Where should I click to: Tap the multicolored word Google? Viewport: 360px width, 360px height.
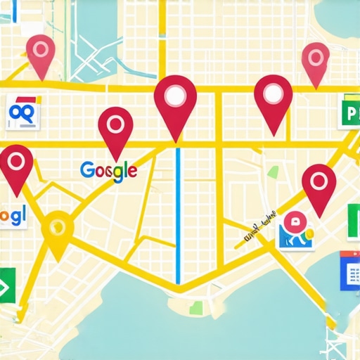click(x=108, y=171)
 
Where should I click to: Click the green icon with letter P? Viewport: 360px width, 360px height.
click(x=348, y=111)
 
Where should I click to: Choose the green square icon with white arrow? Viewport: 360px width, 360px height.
click(x=7, y=285)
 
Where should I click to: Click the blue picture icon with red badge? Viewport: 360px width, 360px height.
click(x=295, y=231)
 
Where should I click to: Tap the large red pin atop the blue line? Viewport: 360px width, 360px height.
click(x=175, y=101)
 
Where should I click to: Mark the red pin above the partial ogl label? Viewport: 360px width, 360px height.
click(x=15, y=167)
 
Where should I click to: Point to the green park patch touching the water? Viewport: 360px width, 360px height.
click(x=196, y=307)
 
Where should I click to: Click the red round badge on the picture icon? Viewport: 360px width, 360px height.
click(x=293, y=220)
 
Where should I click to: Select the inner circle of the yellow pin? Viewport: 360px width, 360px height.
click(x=58, y=226)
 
